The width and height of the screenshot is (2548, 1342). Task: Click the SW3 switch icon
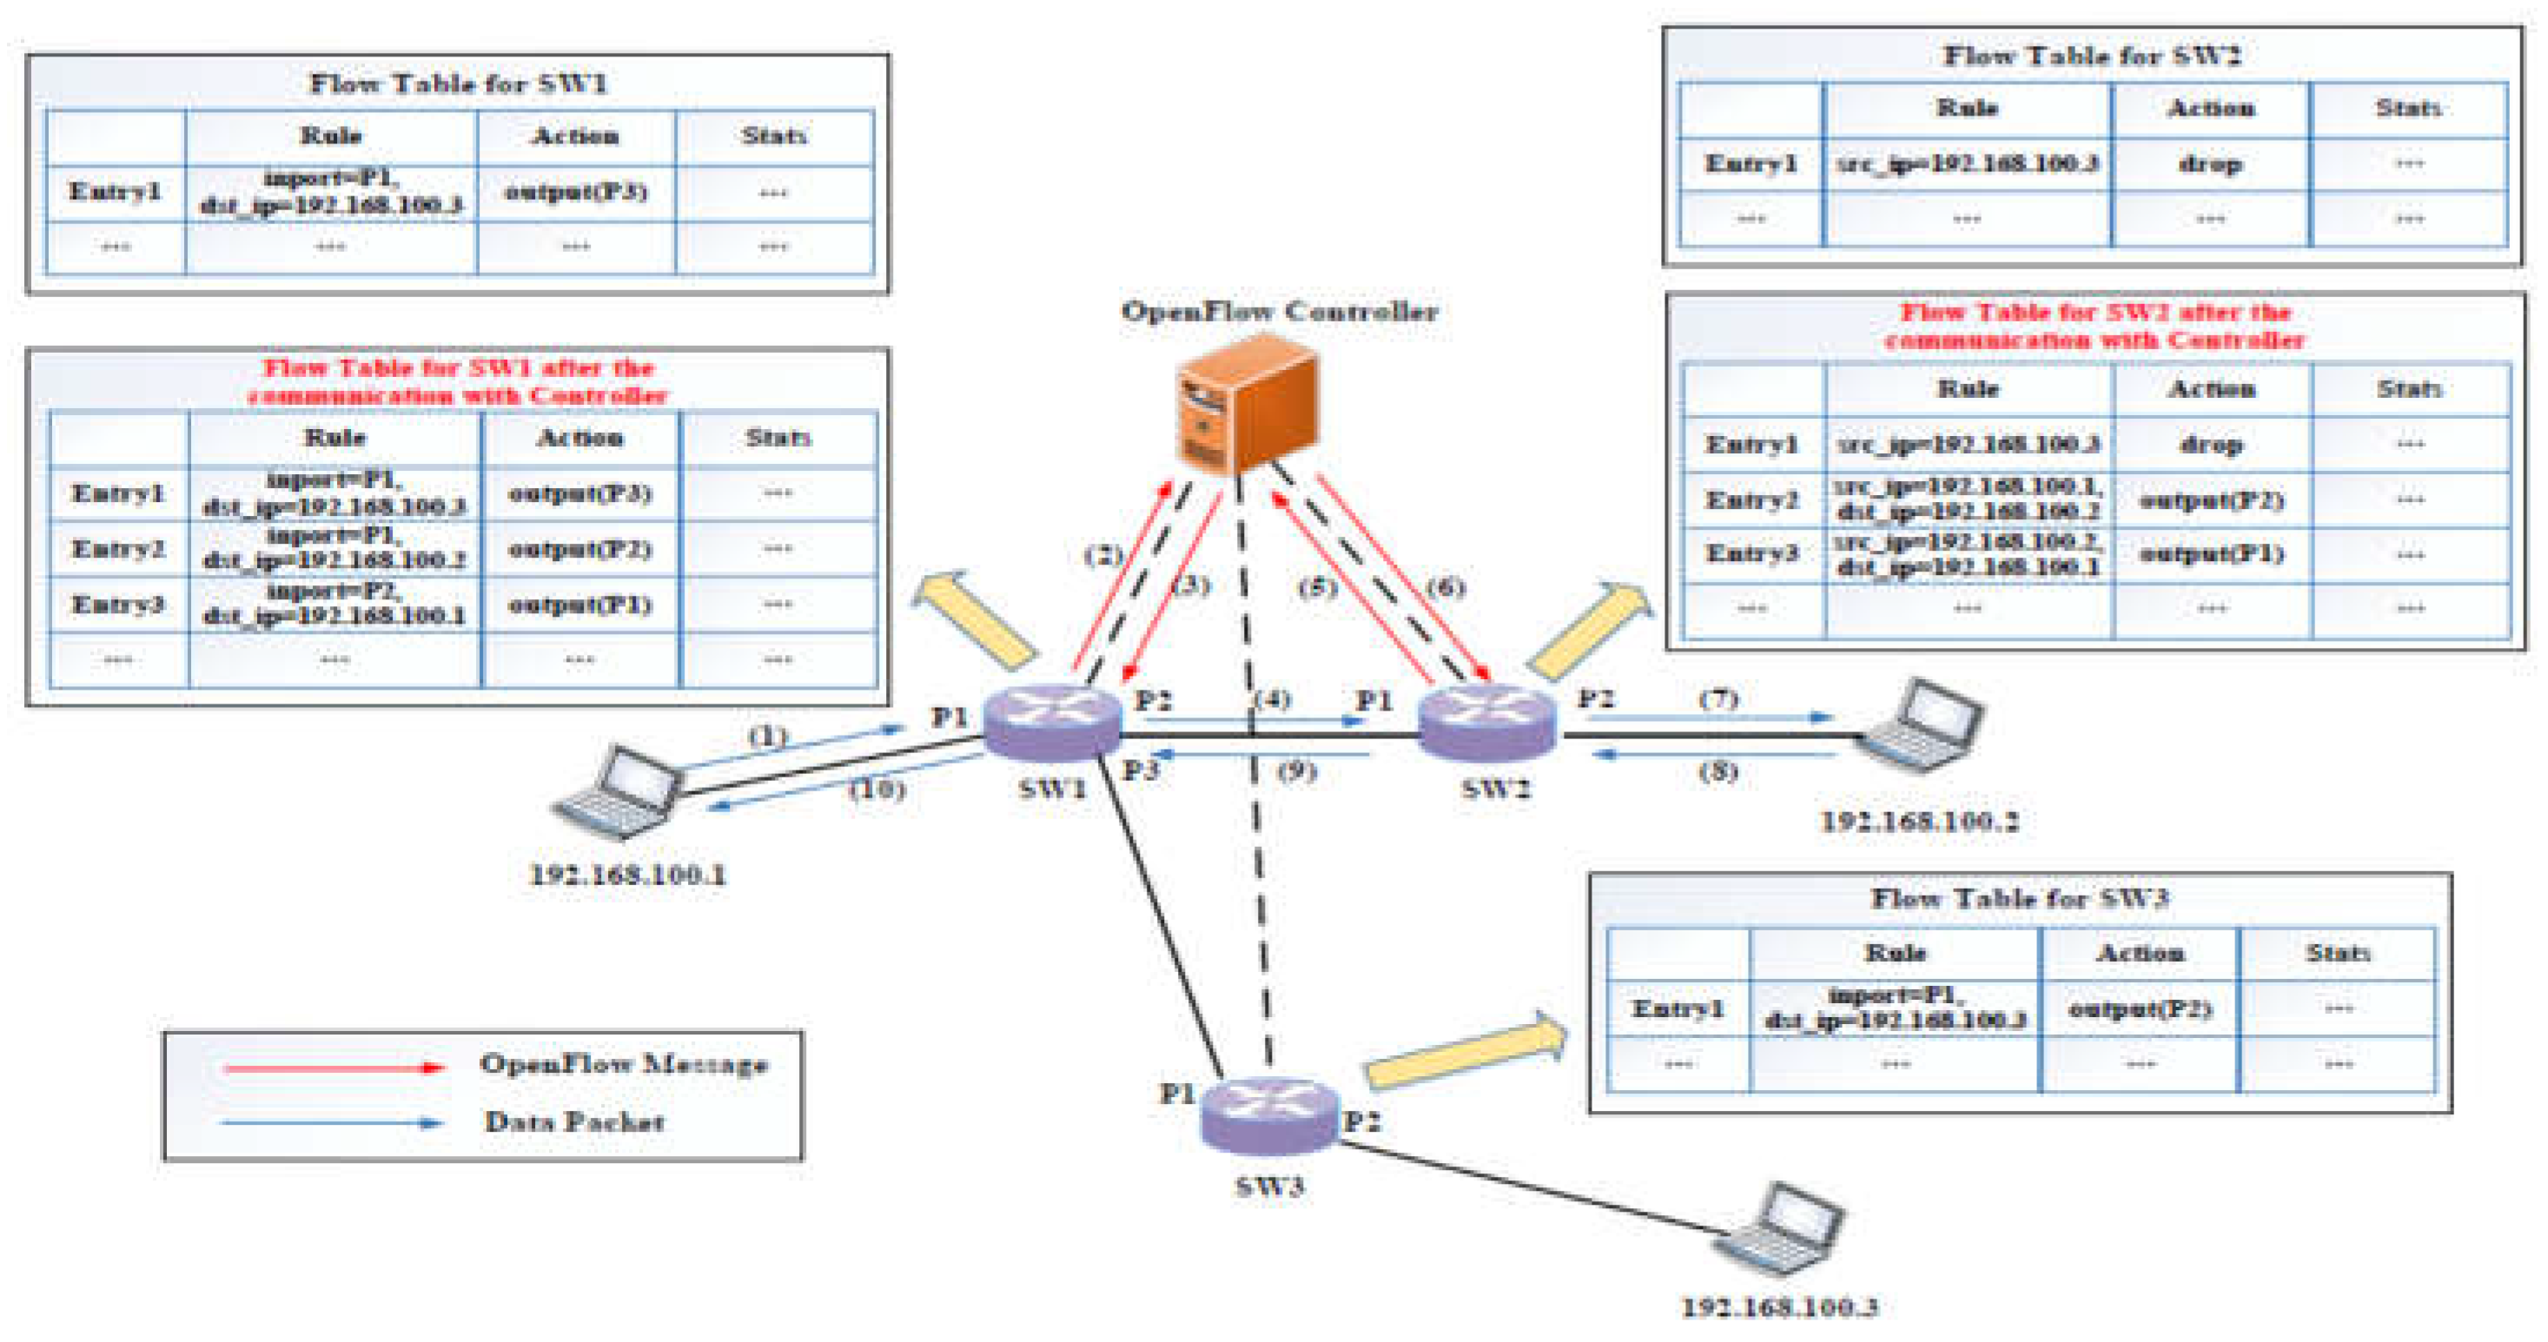(1269, 1114)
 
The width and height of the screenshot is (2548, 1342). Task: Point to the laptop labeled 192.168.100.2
(1920, 727)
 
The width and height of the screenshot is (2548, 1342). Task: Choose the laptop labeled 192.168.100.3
(1779, 1229)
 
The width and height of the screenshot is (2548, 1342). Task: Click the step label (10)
(877, 788)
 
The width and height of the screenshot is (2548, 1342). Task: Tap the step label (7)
(1718, 698)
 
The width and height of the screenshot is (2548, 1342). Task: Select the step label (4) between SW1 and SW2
(1272, 699)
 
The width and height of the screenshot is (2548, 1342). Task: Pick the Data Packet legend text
(573, 1121)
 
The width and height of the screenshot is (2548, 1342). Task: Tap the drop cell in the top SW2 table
(2210, 163)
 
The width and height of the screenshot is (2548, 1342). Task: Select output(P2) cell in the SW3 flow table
(2140, 1008)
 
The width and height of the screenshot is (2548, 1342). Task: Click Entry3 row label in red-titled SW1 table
(117, 604)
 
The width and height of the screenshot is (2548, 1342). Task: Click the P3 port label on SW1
(1141, 770)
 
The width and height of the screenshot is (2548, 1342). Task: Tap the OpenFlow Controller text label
(1279, 311)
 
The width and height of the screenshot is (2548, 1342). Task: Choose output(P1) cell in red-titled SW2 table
(2212, 554)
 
